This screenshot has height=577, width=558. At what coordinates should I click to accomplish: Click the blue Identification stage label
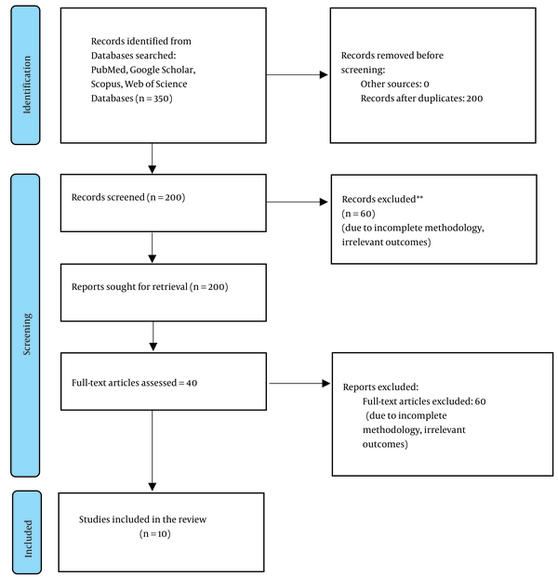click(x=25, y=75)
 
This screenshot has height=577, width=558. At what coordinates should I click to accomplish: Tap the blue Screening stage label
click(x=25, y=325)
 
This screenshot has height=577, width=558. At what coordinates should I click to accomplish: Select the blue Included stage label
click(x=27, y=532)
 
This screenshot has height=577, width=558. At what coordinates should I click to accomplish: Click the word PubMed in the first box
click(x=109, y=70)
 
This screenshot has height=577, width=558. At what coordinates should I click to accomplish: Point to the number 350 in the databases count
click(x=161, y=98)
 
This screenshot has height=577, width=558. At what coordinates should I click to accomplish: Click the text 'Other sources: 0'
click(x=395, y=84)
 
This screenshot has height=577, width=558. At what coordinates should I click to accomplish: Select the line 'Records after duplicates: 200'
click(x=421, y=98)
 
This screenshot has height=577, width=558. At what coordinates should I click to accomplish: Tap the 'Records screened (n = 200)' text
click(x=128, y=197)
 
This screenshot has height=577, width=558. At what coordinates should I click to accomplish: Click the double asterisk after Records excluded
click(x=419, y=198)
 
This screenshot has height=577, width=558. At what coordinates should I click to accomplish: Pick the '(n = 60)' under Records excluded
click(x=358, y=214)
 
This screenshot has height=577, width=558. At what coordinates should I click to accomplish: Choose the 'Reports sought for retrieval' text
click(x=129, y=287)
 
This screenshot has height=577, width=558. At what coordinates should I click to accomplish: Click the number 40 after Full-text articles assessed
click(x=192, y=383)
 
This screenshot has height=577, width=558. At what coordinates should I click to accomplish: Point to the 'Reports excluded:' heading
click(x=380, y=387)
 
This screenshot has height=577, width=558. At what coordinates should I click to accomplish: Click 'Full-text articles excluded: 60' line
click(x=424, y=401)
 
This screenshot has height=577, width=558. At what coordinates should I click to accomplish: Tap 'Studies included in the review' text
click(x=142, y=519)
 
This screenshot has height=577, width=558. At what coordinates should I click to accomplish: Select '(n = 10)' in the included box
click(x=155, y=533)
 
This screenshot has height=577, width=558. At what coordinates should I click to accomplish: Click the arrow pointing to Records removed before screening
click(x=297, y=75)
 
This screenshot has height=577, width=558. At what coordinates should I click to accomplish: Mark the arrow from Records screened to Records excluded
click(x=297, y=202)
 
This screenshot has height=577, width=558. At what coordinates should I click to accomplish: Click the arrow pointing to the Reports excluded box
click(x=299, y=384)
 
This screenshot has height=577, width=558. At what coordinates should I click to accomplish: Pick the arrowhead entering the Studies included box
click(x=153, y=487)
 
